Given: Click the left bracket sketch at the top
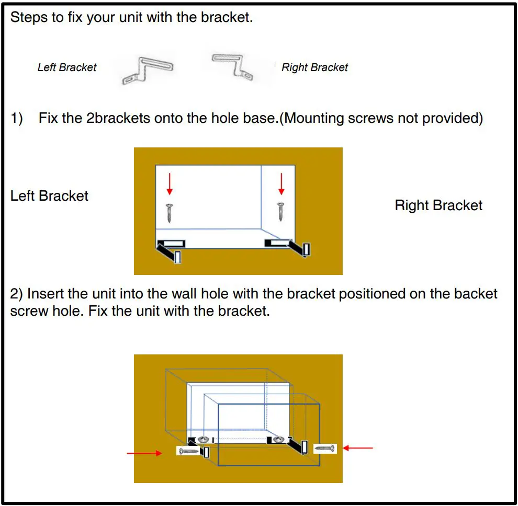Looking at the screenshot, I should coord(147,70).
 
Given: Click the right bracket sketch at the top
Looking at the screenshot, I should coord(232,65).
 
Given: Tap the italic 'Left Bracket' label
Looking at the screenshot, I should coord(67,67).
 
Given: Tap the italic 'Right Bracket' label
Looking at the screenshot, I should coord(314,67).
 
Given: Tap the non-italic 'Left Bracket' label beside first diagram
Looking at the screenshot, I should coord(49,196).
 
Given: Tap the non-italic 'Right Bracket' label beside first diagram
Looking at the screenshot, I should coord(438,205).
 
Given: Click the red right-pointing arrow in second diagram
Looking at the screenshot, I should coord(144,453).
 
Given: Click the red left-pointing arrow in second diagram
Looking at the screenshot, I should coord(358,448).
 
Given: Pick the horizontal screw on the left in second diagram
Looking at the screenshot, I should coord(188,451).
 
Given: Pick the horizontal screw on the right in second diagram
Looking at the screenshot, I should coord(325,448).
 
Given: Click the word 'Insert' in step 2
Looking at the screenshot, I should coord(47,294).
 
